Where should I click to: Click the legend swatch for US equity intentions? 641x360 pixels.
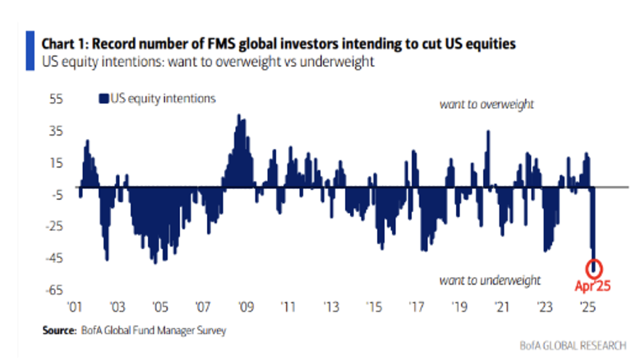[103, 99]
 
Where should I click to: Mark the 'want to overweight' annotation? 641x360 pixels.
[487, 104]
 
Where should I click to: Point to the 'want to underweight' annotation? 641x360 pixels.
[489, 280]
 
